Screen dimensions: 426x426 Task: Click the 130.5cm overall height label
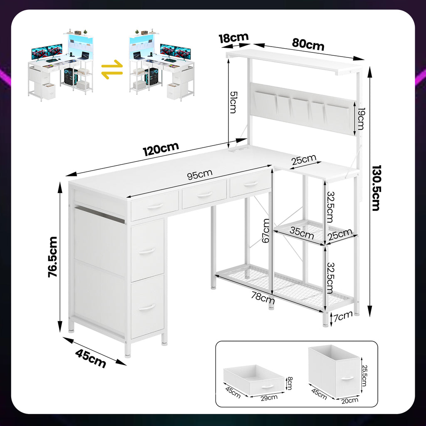(x=376, y=188)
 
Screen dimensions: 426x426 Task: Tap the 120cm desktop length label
(x=161, y=149)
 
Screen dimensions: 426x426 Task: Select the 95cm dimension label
(x=200, y=174)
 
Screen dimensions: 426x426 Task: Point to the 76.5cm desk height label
(x=53, y=257)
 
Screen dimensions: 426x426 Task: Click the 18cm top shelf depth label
(x=234, y=37)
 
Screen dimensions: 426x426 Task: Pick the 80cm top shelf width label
(x=308, y=44)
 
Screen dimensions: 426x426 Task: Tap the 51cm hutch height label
(x=233, y=102)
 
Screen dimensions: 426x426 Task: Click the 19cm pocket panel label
(x=361, y=119)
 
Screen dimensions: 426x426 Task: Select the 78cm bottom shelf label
(x=263, y=298)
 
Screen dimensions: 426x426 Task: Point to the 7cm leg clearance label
(x=343, y=316)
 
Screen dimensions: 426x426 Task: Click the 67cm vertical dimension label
(x=266, y=230)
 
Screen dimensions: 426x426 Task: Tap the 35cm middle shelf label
(x=302, y=233)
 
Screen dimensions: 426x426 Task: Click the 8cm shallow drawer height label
(x=290, y=383)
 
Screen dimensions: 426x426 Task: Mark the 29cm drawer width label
(x=269, y=398)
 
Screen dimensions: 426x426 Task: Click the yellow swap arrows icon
(x=112, y=69)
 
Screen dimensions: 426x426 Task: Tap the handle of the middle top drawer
(x=204, y=195)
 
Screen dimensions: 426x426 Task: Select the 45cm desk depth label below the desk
(x=90, y=358)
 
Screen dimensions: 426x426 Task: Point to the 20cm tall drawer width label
(x=350, y=401)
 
